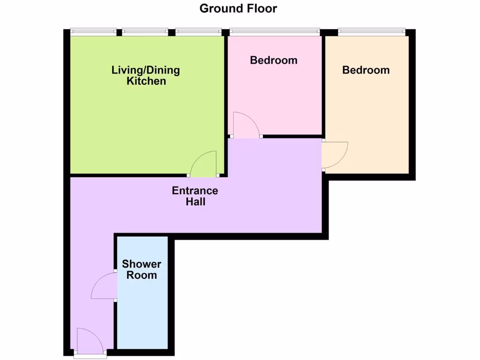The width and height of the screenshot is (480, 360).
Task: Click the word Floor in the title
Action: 261,8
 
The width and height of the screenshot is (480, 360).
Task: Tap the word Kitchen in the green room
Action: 146,81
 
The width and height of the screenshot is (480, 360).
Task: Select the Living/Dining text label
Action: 145,70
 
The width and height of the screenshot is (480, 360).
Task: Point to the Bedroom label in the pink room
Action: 273,60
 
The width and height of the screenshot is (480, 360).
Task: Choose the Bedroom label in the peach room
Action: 366,70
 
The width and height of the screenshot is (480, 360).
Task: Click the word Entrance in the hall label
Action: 195,191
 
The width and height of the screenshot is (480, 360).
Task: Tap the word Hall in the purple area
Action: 195,202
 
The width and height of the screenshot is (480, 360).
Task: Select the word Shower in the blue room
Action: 142,264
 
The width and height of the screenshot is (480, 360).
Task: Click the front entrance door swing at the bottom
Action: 89,341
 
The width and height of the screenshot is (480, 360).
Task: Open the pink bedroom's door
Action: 246,125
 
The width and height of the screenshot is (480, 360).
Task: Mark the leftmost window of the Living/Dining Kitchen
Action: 93,31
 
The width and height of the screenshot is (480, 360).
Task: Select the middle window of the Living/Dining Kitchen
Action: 145,31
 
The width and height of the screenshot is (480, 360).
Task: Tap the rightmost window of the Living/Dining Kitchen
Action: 198,31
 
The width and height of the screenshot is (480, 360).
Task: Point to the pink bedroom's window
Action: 274,31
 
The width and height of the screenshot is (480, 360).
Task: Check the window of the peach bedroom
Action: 370,31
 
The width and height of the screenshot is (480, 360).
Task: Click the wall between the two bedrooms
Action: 323,84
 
